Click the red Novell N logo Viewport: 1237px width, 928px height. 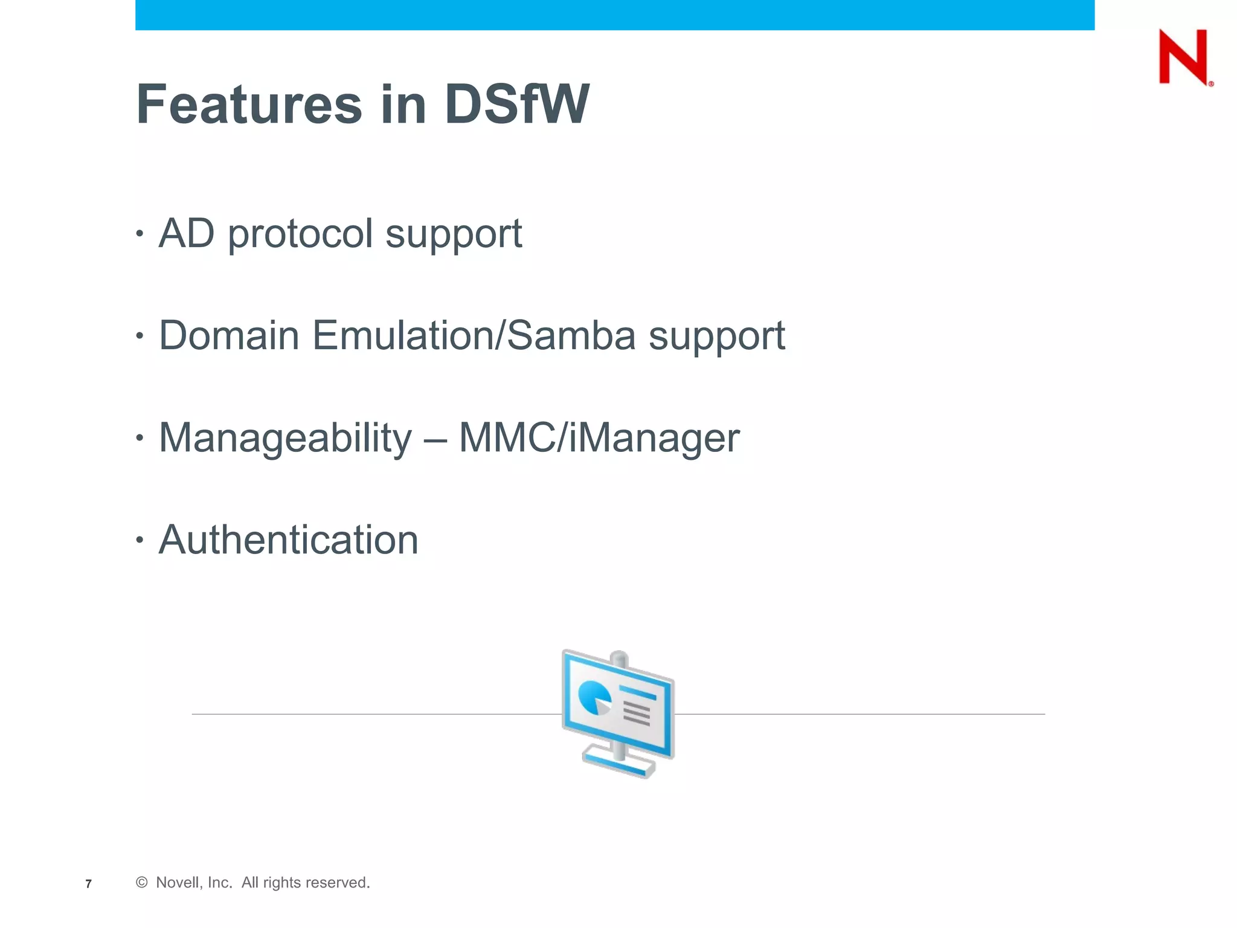coord(1184,57)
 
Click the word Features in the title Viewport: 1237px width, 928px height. coord(249,105)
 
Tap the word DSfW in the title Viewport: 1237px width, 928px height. coord(516,105)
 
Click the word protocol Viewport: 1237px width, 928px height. coord(300,234)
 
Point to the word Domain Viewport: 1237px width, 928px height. coord(229,335)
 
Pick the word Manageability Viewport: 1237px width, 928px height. coord(285,438)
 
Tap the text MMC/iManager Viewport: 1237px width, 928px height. coord(599,438)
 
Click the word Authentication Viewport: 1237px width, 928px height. coord(288,540)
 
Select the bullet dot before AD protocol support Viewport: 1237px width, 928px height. coord(140,233)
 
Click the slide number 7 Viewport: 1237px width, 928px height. coord(88,884)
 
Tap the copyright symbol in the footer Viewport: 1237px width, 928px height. coord(142,883)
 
